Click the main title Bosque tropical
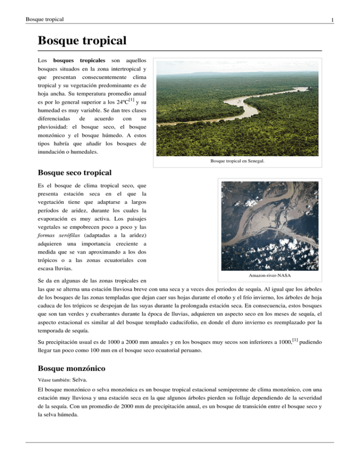tap(82, 41)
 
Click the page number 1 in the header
tap(331, 20)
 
